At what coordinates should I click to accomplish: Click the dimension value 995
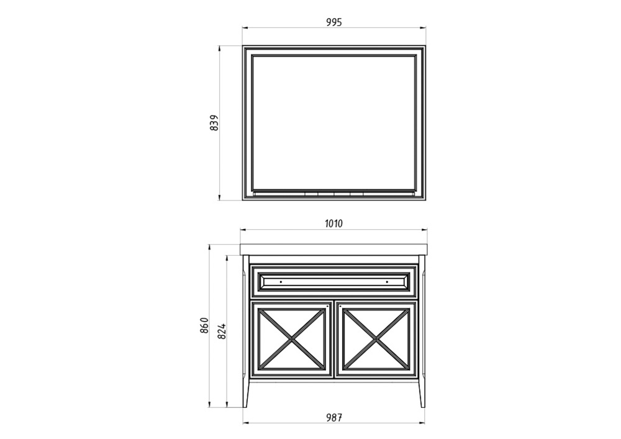[334, 22]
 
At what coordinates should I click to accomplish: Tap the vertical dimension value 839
[214, 123]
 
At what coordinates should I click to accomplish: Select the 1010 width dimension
[333, 224]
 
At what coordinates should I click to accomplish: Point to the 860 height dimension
[204, 325]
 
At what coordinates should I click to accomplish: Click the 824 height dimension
[222, 331]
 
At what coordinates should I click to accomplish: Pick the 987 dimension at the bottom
[334, 417]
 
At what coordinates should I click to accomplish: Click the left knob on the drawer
[281, 282]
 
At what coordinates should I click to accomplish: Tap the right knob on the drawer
[387, 282]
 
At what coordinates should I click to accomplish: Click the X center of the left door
[292, 339]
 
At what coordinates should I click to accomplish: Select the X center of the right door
[376, 339]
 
